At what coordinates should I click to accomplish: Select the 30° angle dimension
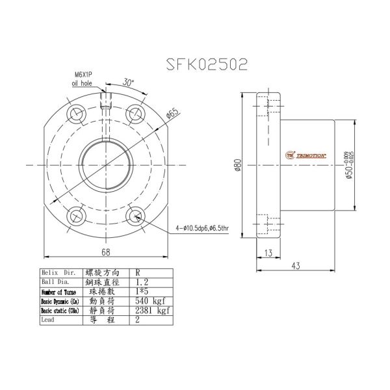coord(129,83)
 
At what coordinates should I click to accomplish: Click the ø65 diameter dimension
coord(173,114)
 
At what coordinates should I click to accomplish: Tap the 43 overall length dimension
coord(296,265)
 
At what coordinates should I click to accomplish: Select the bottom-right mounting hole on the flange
coord(135,216)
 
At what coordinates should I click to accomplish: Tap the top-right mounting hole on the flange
coord(135,112)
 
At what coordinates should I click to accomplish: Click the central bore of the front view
coord(106,164)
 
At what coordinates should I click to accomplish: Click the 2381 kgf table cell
coord(149,311)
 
